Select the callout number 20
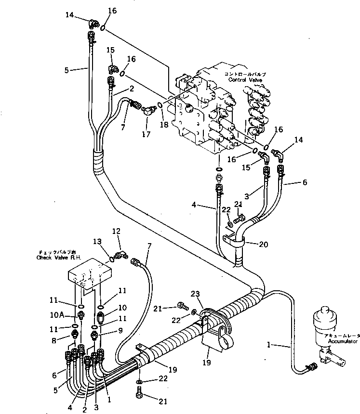coord(263,244)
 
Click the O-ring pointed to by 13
coord(112,259)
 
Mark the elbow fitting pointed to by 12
coord(122,254)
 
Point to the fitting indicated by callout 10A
coord(80,315)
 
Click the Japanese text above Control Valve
coord(245,75)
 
